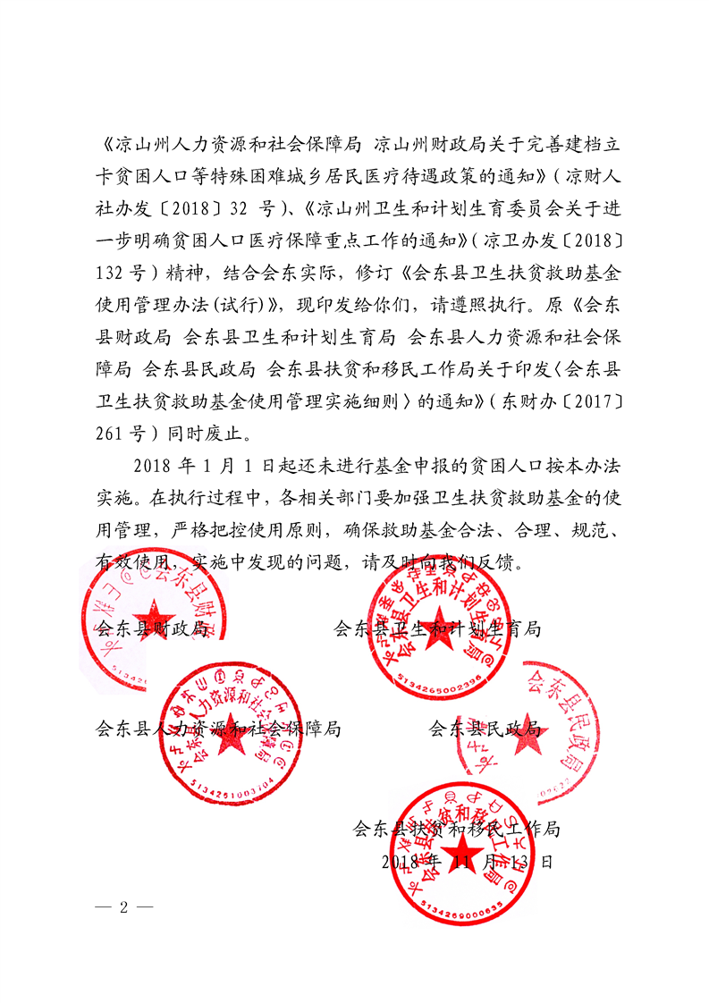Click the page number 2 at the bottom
(x=123, y=906)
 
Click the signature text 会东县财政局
(x=152, y=628)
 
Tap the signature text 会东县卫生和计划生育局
(x=436, y=628)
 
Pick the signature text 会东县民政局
(x=485, y=729)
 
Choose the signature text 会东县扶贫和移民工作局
(x=457, y=829)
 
